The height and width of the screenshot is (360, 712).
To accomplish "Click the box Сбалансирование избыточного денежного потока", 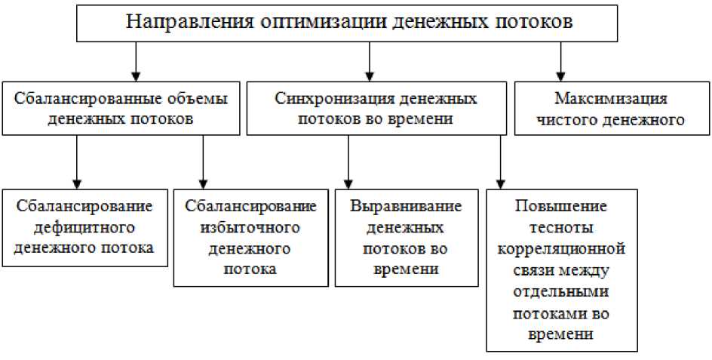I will click(250, 238).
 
